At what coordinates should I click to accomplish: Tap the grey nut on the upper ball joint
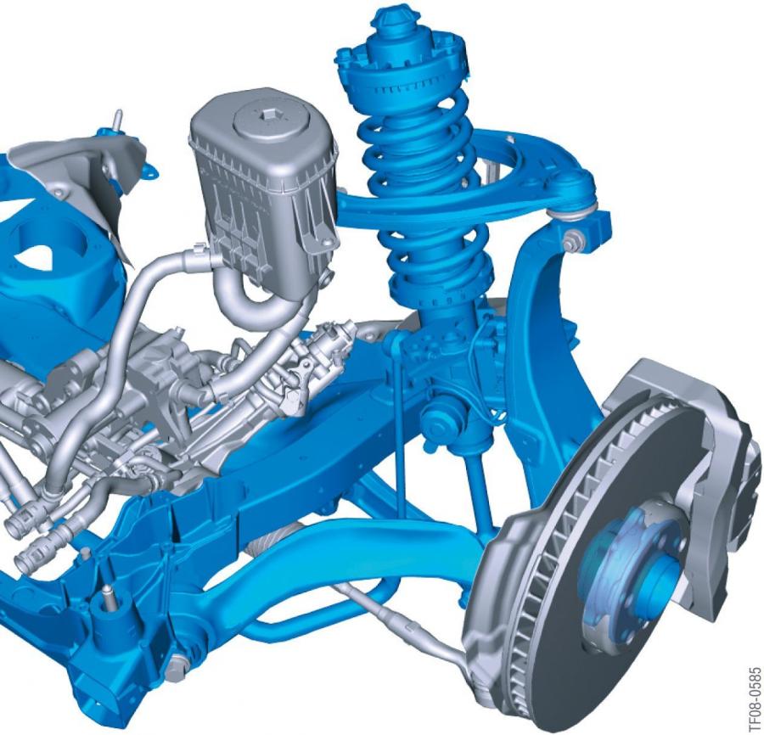(x=571, y=243)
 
